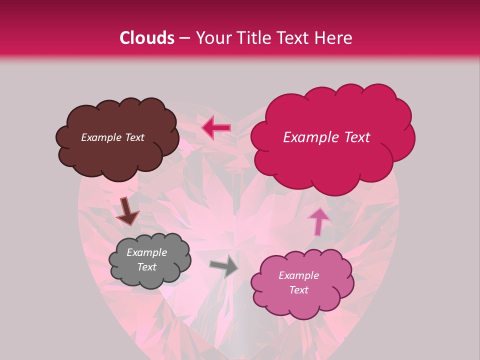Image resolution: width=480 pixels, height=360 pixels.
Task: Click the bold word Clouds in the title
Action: [x=147, y=38]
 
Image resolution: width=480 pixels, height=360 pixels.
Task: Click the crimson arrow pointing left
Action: [x=216, y=128]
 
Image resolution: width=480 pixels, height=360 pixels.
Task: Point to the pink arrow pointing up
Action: [x=318, y=220]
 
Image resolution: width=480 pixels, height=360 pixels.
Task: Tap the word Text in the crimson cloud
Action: [x=353, y=137]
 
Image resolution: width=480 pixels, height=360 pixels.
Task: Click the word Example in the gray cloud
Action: [x=146, y=252]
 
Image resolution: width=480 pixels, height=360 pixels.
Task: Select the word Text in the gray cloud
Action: [x=147, y=267]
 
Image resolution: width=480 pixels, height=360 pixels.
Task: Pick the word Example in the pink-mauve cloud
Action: [x=298, y=275]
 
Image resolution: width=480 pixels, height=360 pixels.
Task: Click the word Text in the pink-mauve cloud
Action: [x=298, y=290]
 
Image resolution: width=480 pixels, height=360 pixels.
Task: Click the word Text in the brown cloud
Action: [x=134, y=137]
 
